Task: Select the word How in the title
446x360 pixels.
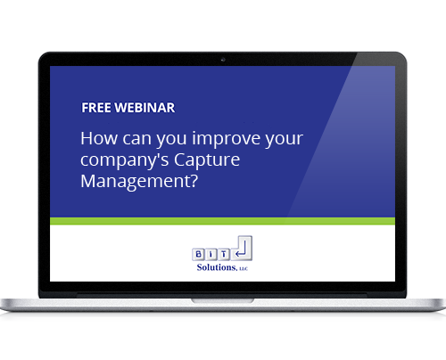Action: click(x=99, y=138)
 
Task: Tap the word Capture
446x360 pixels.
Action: click(x=207, y=160)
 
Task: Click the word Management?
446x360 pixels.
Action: click(x=139, y=181)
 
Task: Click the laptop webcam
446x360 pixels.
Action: click(x=223, y=60)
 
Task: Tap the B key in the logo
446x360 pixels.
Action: click(x=199, y=254)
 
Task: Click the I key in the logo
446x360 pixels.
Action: click(x=211, y=254)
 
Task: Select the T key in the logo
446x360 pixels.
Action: click(x=224, y=254)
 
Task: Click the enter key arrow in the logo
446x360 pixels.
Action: click(x=241, y=250)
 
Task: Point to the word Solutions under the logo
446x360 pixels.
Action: click(x=217, y=267)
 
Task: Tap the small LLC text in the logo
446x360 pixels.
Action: click(x=244, y=269)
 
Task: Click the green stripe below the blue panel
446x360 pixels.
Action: click(x=222, y=221)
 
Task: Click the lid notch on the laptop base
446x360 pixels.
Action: click(x=222, y=301)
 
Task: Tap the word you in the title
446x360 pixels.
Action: click(x=171, y=140)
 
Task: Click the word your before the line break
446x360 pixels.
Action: click(x=285, y=140)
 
